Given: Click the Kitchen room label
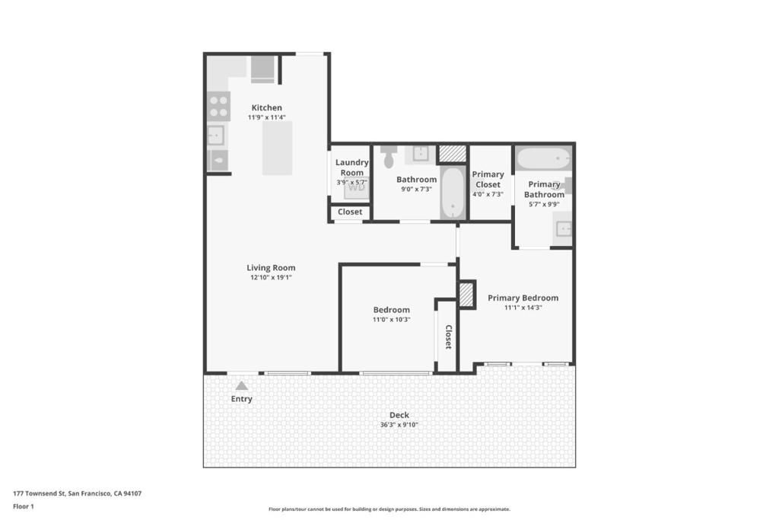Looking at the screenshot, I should pos(266,107).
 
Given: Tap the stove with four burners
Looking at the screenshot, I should pos(218,107).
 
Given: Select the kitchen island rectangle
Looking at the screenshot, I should pos(278,148).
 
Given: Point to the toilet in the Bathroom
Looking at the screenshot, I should pos(389,156).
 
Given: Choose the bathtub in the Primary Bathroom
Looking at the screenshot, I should pos(543,160).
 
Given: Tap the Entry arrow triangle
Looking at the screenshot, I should pos(241,386).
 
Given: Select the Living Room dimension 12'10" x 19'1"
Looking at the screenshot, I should pos(271,278).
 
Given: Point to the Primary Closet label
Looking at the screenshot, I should pos(488,179).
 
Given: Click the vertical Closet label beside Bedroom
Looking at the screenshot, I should pos(448,337).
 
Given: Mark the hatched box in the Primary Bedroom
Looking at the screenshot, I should pos(466,295).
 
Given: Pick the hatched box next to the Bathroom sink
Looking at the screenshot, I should pos(452,153).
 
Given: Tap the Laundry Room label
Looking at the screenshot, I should pos(351,167).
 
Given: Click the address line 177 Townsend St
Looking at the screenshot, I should pos(77,493).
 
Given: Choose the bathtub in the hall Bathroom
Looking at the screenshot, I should pos(452,193).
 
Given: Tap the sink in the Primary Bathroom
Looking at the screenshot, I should pos(563,228).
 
